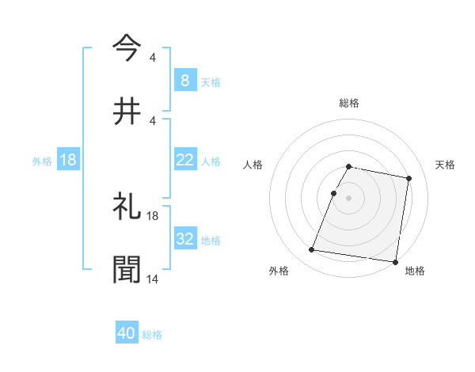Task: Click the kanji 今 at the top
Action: pos(127,47)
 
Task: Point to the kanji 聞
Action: pos(127,269)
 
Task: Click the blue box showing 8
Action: pos(184,80)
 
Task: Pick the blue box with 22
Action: pos(184,160)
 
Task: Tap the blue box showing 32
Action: pos(184,239)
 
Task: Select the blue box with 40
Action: pos(127,334)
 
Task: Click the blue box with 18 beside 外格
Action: pos(68,160)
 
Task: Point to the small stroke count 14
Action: pos(153,279)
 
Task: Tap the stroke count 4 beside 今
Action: pos(152,57)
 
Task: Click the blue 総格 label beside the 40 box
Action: pos(152,335)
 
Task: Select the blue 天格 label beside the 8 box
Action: pos(211,82)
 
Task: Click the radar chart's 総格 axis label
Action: pos(348,103)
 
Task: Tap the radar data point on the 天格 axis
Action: pos(408,179)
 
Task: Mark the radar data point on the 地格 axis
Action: pos(394,261)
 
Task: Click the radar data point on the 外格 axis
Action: pos(311,250)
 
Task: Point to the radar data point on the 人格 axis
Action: pos(333,193)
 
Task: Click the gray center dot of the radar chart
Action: pos(348,198)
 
